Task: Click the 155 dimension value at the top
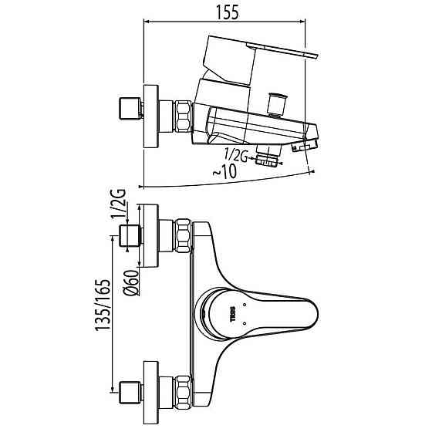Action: point(227,12)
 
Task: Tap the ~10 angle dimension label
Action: point(224,171)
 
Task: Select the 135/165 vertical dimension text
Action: point(103,305)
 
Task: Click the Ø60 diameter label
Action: point(131,283)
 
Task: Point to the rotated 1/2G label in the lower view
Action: point(118,204)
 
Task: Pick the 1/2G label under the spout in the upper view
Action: point(235,155)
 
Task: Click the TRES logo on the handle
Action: point(233,314)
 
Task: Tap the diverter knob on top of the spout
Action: point(278,105)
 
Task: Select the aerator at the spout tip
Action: point(305,145)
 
